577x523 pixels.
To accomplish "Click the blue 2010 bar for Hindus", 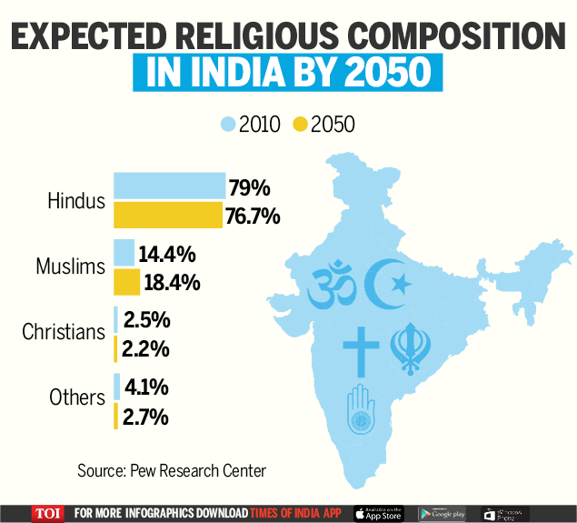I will (x=168, y=186).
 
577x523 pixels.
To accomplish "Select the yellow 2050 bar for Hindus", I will (x=167, y=216).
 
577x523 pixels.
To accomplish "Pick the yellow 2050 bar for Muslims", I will (x=126, y=282).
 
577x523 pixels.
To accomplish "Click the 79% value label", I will (x=250, y=187).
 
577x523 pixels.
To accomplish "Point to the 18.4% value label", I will (x=173, y=282).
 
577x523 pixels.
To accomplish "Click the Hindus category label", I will (x=76, y=201).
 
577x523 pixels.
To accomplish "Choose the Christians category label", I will (x=64, y=332).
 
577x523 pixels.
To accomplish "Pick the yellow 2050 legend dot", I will (x=300, y=124).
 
